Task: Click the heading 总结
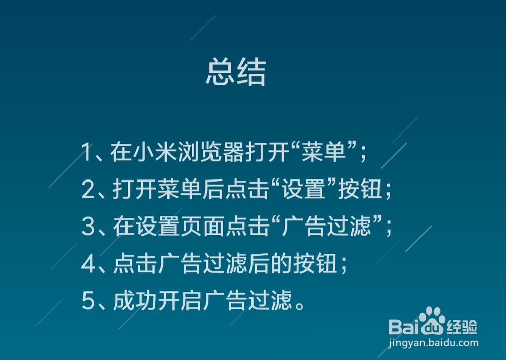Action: [235, 73]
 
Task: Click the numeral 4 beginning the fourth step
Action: [88, 264]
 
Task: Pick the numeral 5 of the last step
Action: [88, 301]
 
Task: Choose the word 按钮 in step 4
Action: [322, 264]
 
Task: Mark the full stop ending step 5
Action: [301, 305]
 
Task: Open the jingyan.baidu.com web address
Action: [433, 343]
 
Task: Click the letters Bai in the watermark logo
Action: [404, 327]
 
